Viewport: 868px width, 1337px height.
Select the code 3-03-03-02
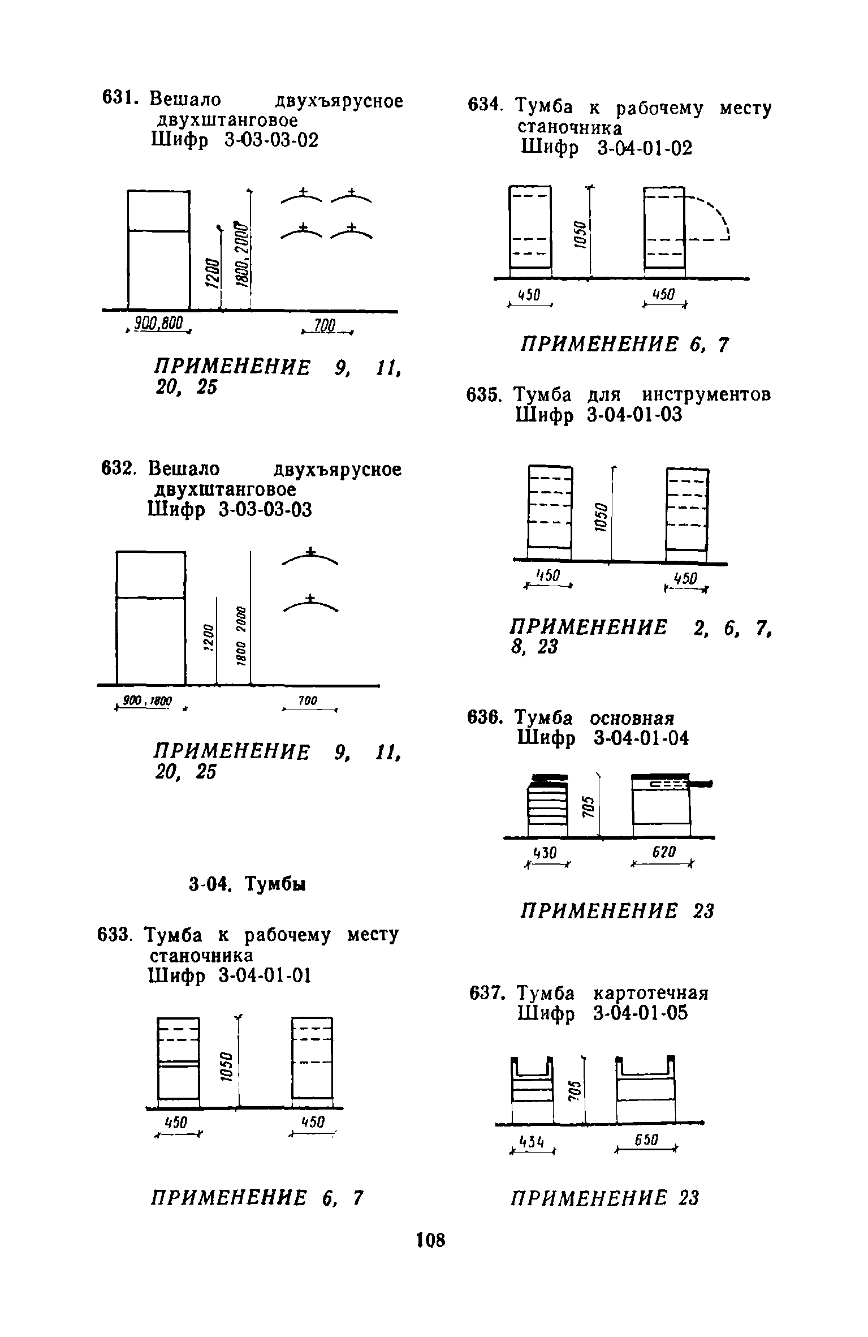271,139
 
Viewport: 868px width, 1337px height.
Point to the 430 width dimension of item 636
547,852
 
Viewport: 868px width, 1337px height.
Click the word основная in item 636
632,718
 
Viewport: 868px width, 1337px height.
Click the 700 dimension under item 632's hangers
308,701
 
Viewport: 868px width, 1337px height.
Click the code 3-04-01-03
635,415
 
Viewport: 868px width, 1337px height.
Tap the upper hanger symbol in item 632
310,557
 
